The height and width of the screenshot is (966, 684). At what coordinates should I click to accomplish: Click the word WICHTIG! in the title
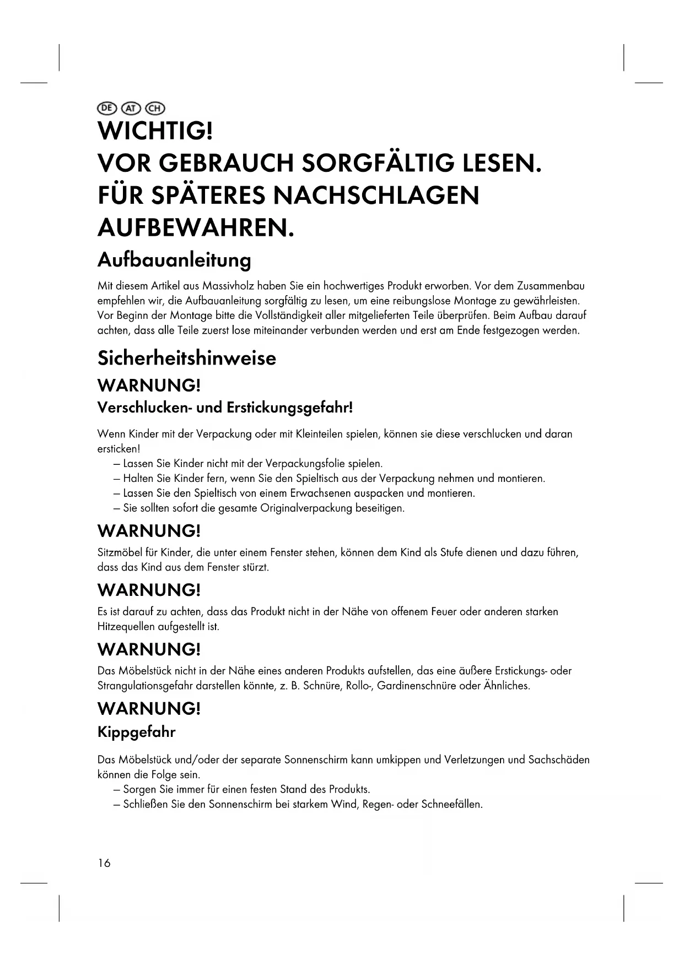[x=155, y=131]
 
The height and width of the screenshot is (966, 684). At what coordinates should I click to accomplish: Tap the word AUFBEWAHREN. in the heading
[x=196, y=227]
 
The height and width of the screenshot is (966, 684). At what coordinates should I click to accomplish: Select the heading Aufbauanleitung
[x=174, y=259]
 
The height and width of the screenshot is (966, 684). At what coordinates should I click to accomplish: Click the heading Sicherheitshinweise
[x=187, y=358]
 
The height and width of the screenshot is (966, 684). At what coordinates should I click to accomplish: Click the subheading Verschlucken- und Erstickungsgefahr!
[x=225, y=408]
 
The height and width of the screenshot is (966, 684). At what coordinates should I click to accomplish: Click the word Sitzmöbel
[x=120, y=552]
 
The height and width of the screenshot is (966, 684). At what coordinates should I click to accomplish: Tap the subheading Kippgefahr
[x=136, y=732]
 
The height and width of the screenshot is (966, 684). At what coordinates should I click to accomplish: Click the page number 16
[x=104, y=863]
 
